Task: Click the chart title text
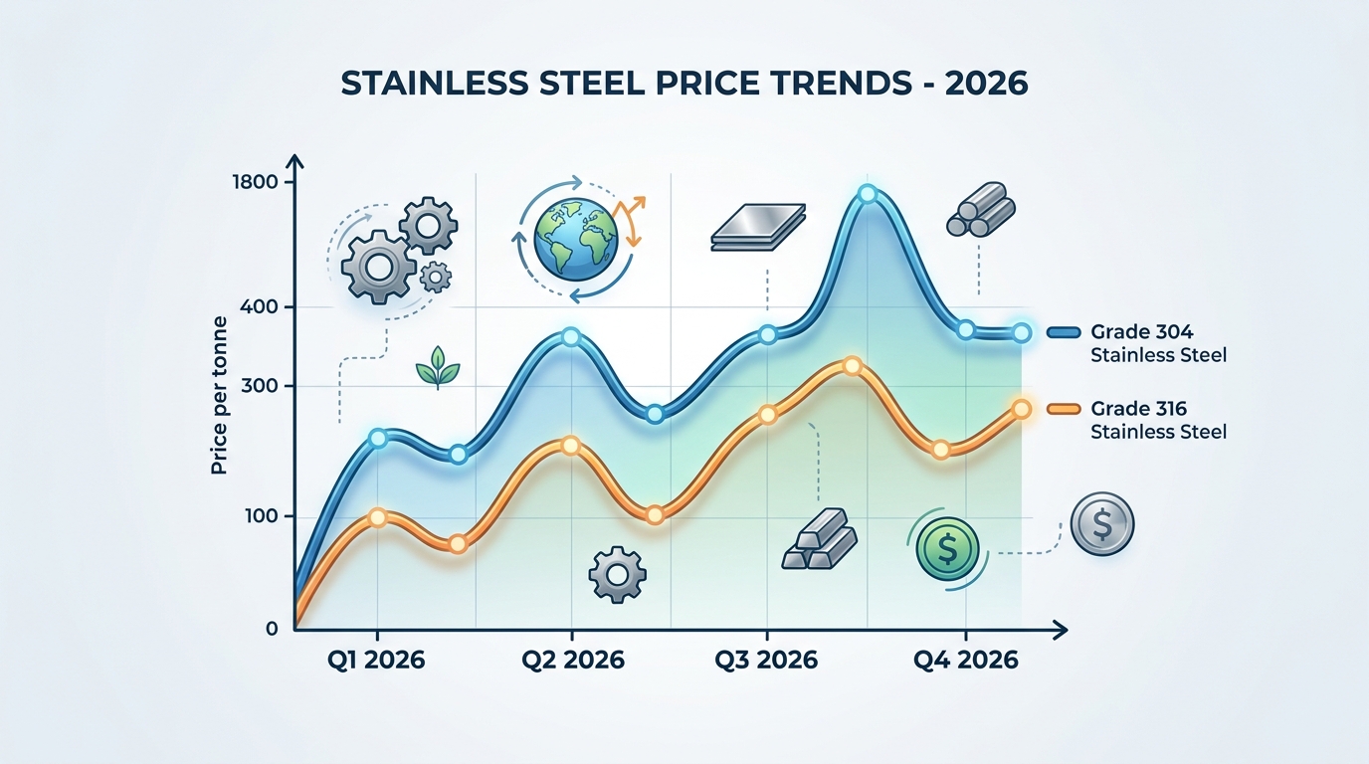684,84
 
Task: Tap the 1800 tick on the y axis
256,182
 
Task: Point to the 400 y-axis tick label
261,307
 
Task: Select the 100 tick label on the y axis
261,516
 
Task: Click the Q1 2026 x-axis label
375,660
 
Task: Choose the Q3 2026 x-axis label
767,660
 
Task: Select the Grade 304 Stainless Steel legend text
1158,343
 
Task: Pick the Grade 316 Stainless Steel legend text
1158,420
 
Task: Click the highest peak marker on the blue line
867,194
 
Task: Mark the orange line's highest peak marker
851,366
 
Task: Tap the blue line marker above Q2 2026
570,336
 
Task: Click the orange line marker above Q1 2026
377,517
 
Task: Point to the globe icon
575,239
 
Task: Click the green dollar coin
947,546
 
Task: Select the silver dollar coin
1101,522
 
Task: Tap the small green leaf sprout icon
438,368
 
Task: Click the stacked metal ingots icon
819,540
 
